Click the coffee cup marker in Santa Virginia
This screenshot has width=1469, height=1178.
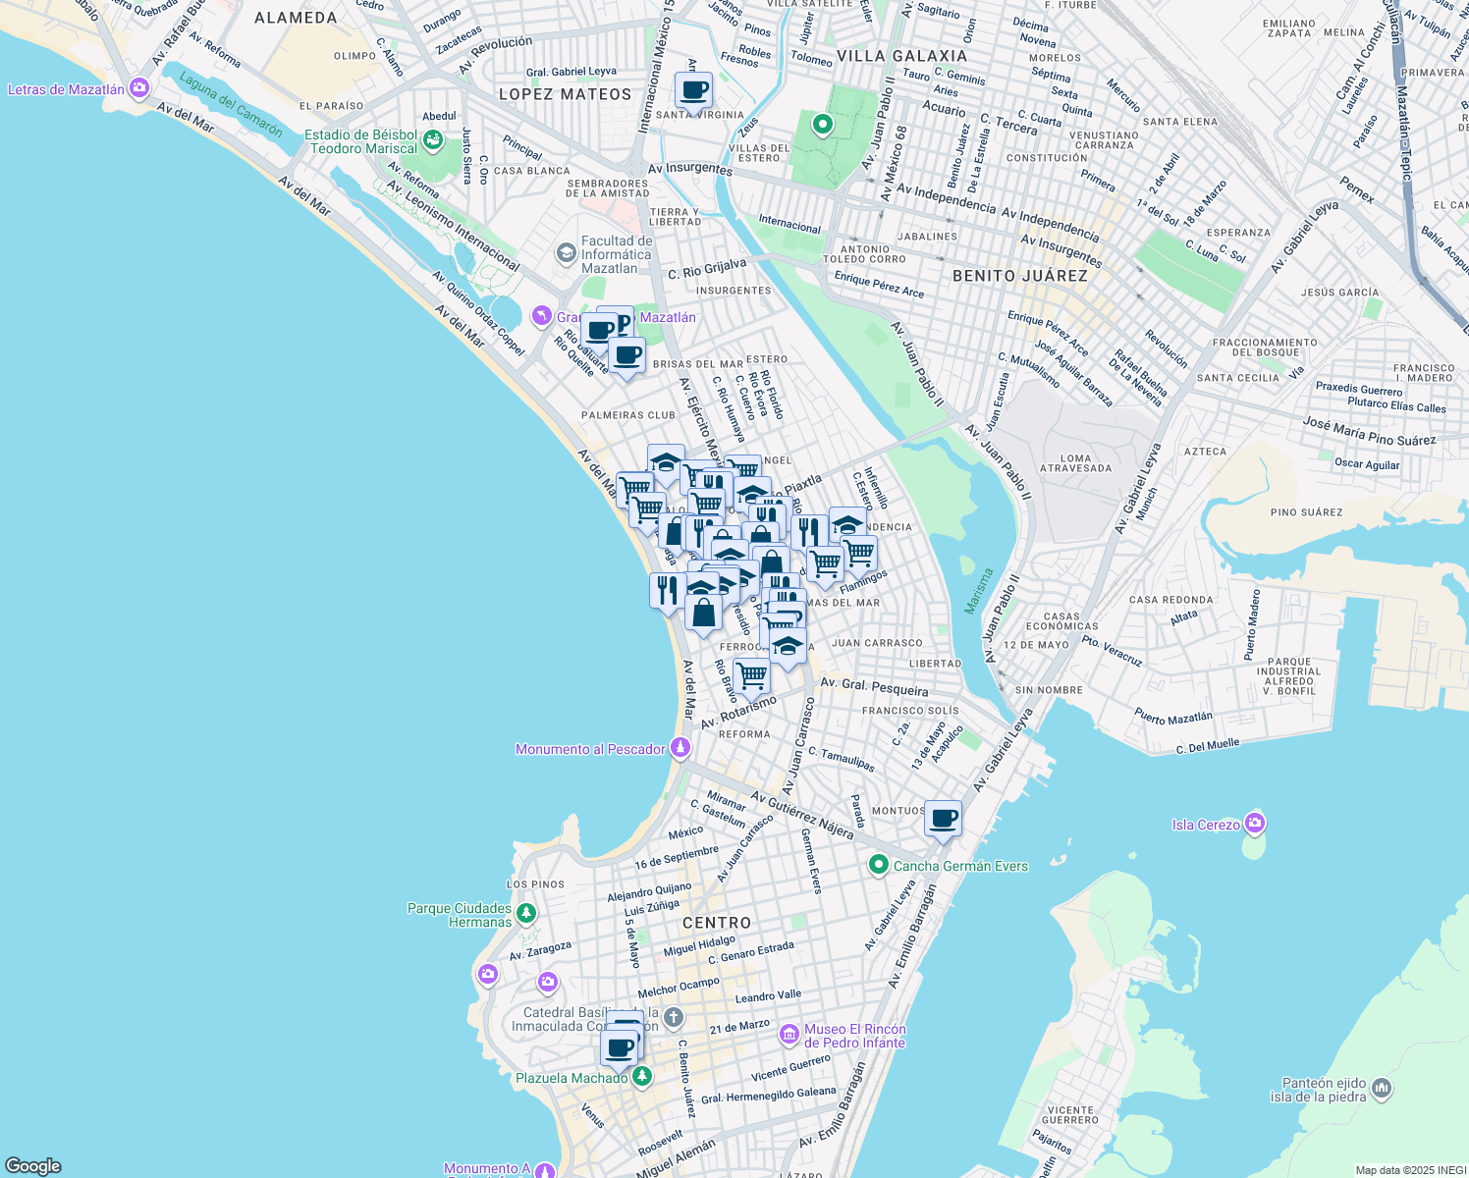(x=693, y=91)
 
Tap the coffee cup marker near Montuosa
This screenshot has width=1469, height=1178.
(x=943, y=819)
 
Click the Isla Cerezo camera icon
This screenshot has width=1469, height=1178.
(x=1255, y=823)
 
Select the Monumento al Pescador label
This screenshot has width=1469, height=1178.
(x=590, y=749)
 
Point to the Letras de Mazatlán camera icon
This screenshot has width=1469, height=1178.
(x=139, y=88)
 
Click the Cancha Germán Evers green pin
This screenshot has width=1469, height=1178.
(x=879, y=865)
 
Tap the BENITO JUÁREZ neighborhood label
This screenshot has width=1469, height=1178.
(x=1019, y=276)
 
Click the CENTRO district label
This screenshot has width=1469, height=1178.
(x=716, y=923)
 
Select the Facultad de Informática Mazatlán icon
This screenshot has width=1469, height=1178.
(x=566, y=253)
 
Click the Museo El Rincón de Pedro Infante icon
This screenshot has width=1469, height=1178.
(x=789, y=1035)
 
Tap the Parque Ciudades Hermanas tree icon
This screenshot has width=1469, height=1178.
(x=526, y=913)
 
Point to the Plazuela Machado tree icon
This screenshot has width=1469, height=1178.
(x=642, y=1077)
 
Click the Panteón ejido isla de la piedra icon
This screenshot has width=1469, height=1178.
(x=1382, y=1088)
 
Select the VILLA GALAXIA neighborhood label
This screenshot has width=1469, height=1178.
(x=901, y=56)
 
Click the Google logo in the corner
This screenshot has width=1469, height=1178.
(x=33, y=1166)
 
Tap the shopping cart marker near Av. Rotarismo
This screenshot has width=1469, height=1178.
(x=751, y=675)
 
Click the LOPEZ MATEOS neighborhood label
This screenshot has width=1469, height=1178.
(x=565, y=94)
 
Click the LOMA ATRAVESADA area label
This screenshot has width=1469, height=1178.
(x=1075, y=462)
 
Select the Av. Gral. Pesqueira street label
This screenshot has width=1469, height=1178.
(x=874, y=686)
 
